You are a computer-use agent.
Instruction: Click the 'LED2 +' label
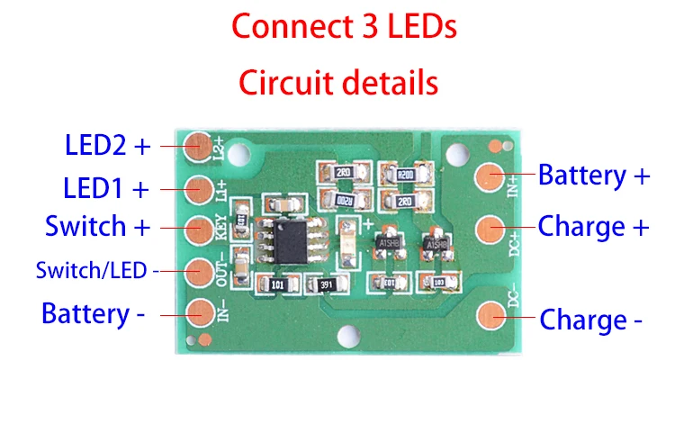pos(106,145)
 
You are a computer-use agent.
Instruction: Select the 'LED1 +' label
pos(105,189)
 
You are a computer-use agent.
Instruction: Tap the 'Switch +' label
pos(97,226)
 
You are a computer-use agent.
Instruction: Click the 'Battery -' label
pos(98,314)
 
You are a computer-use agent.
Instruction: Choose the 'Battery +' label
pos(593,175)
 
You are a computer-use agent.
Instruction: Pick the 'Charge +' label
pos(593,226)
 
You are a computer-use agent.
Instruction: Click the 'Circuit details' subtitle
pos(337,83)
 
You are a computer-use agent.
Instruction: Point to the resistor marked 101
pos(275,285)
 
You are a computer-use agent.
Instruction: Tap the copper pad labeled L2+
pos(198,144)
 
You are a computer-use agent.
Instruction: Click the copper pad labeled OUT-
pos(198,268)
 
